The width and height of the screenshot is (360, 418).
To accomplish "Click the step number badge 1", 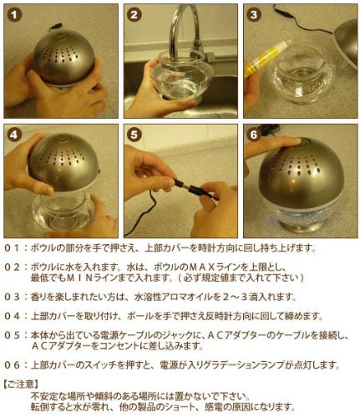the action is (14, 15).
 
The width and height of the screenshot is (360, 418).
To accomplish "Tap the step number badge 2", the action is (134, 15).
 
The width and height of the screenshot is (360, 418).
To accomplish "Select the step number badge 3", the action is (254, 15).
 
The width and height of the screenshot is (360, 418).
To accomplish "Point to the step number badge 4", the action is (14, 135).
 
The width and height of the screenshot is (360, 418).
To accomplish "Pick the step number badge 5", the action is (134, 135).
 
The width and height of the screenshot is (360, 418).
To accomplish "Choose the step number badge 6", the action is (254, 135).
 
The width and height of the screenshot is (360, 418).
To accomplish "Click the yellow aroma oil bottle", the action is (264, 59).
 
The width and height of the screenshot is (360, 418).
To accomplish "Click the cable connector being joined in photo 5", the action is (190, 187).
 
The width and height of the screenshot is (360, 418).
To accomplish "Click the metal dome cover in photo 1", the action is (64, 58).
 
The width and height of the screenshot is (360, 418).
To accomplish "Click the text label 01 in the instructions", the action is (13, 248).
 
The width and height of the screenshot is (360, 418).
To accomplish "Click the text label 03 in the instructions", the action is (13, 297).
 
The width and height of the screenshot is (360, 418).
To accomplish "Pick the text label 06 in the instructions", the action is (13, 365).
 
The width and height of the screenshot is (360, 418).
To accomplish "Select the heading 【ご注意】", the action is (21, 385).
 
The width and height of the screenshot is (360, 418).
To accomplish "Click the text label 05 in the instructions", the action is (13, 335).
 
